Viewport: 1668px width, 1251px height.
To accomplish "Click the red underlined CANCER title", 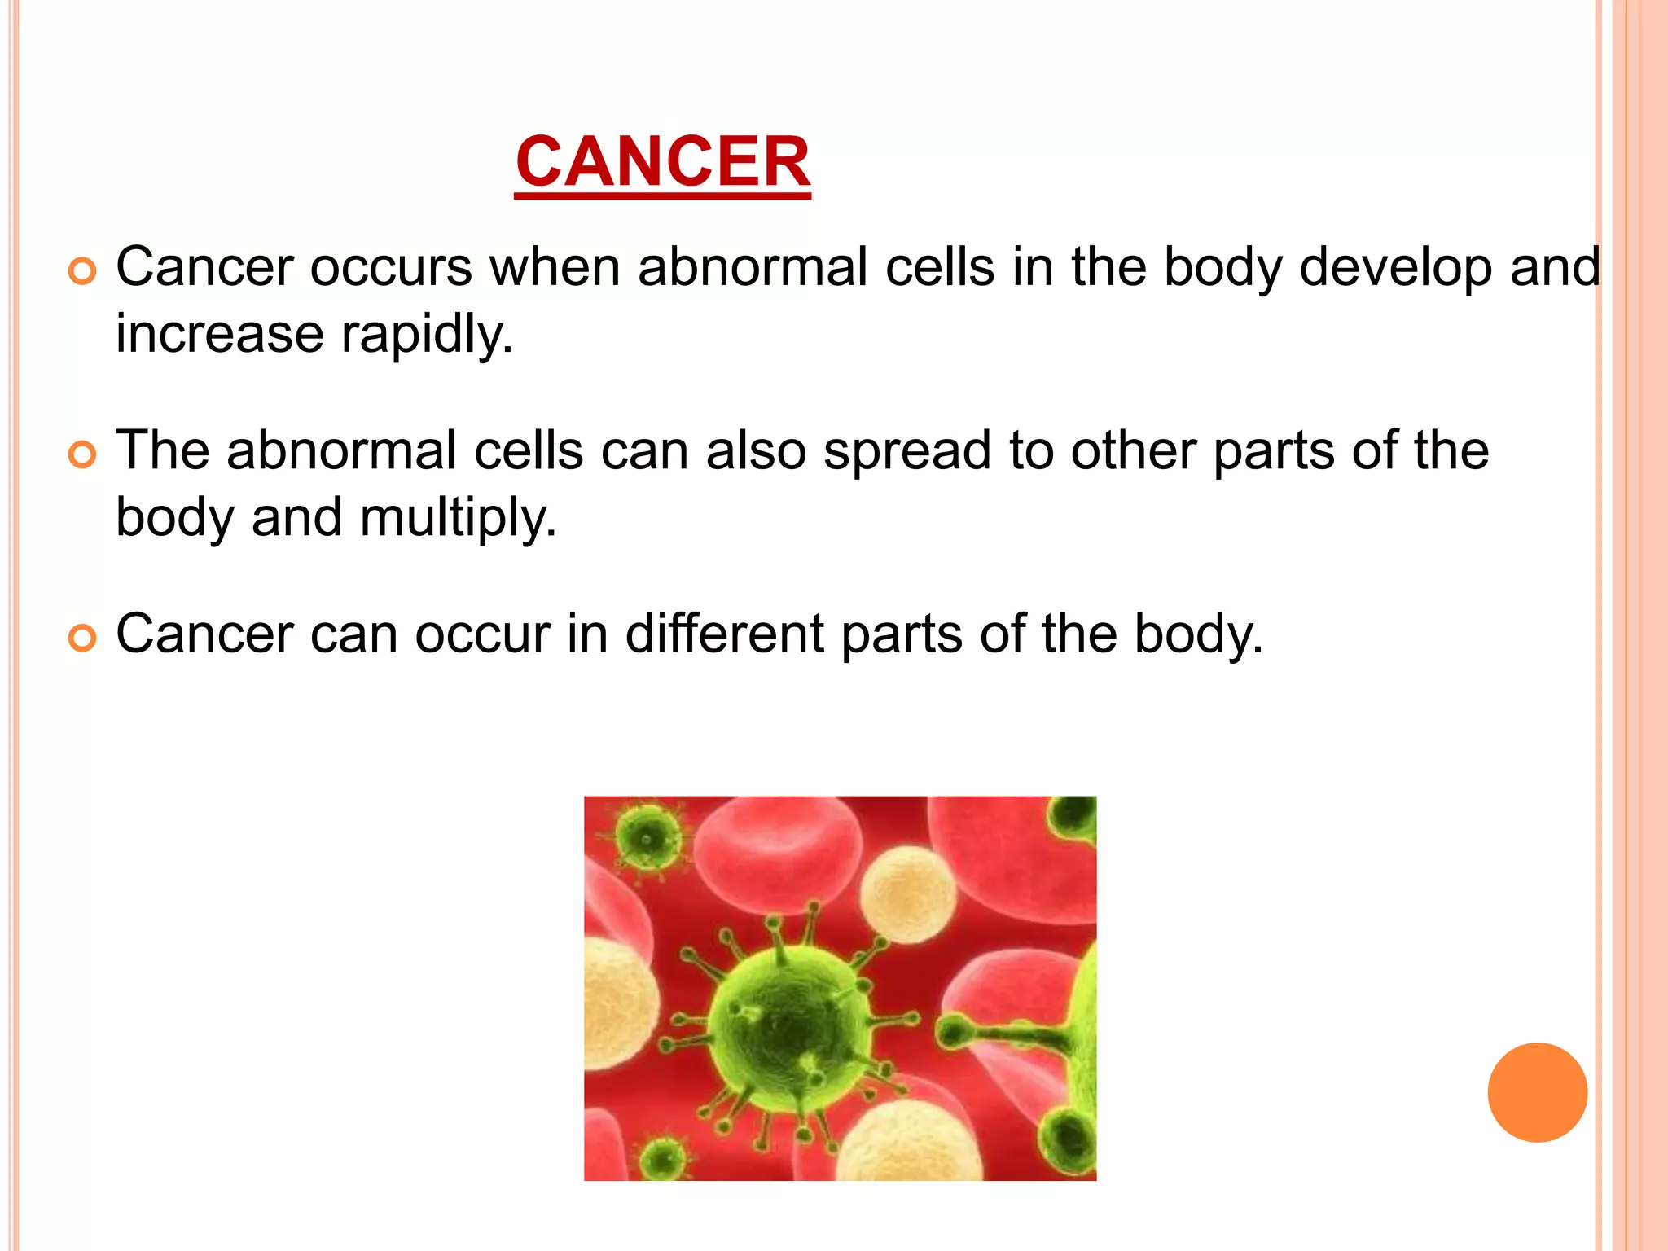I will pos(662,162).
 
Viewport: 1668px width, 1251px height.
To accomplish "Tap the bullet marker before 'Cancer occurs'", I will pos(82,270).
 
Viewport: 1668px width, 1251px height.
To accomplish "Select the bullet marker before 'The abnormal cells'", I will pos(82,454).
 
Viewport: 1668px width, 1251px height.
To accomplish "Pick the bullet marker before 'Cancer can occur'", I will pos(82,637).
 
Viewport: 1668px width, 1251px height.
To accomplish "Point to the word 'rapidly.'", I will pos(427,335).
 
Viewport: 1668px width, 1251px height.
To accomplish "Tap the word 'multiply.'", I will pos(458,518).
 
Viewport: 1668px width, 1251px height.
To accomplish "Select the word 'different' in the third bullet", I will pos(724,634).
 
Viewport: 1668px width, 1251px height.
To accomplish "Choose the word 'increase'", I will pos(219,335).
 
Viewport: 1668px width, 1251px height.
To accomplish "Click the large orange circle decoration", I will pos(1537,1092).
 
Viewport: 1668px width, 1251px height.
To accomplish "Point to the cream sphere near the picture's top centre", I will pos(908,894).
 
